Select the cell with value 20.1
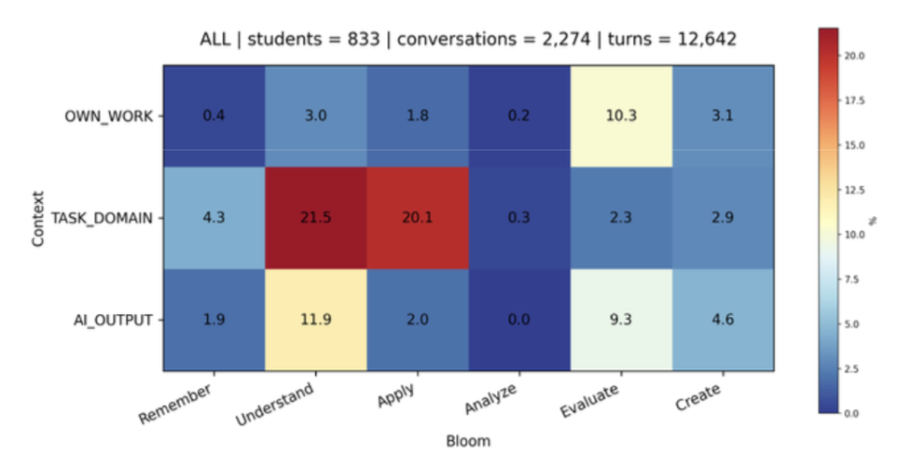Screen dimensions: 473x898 coord(417,218)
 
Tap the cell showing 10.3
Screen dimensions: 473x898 coord(621,116)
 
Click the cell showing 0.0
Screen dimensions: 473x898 coord(519,320)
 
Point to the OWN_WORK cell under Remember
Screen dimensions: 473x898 coord(213,116)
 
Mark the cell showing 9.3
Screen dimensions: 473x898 coord(621,320)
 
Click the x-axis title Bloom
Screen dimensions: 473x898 coord(467,440)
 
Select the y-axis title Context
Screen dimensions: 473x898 coord(39,218)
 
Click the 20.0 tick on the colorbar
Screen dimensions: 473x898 coord(854,56)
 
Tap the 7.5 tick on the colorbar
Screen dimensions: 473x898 coord(852,279)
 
